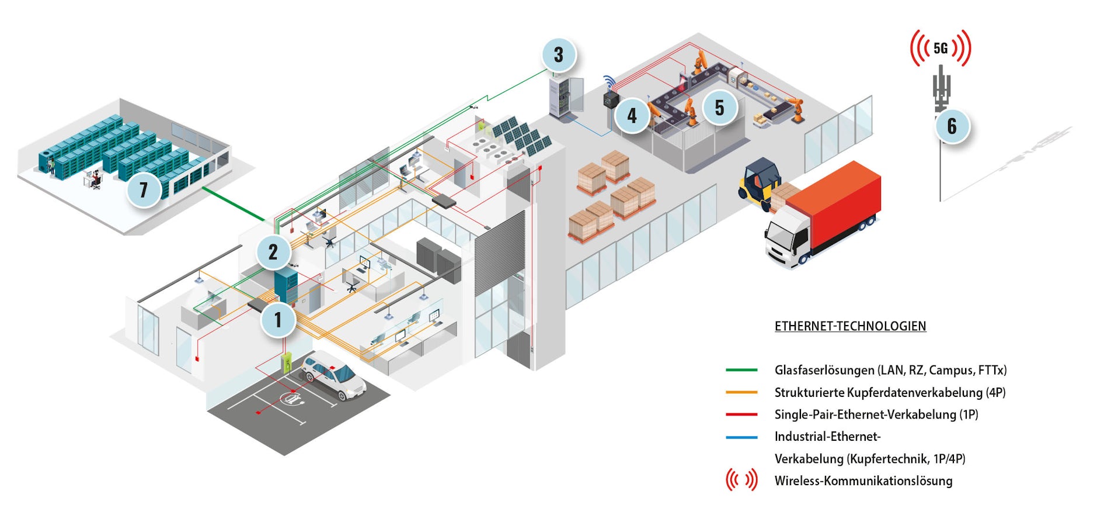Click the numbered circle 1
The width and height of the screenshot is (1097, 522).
(x=278, y=320)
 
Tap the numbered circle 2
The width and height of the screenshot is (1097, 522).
(x=273, y=252)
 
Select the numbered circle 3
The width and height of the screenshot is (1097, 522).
(x=559, y=55)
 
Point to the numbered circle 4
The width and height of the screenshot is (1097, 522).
(x=632, y=115)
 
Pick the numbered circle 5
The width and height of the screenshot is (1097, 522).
(x=719, y=108)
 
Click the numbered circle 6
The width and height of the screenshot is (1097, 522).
(x=952, y=126)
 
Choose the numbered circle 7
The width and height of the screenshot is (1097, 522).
(x=144, y=189)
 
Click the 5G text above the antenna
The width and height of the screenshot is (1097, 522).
(x=941, y=49)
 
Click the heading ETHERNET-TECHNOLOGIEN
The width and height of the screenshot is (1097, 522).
(x=850, y=326)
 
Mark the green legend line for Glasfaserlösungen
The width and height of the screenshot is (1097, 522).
(x=741, y=370)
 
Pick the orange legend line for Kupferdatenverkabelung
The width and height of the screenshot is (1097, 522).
(x=741, y=392)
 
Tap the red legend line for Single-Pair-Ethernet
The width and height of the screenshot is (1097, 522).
(x=741, y=414)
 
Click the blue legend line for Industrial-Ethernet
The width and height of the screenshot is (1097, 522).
(x=741, y=437)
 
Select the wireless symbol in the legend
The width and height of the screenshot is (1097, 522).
(x=741, y=480)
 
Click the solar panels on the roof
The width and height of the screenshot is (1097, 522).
(x=521, y=136)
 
